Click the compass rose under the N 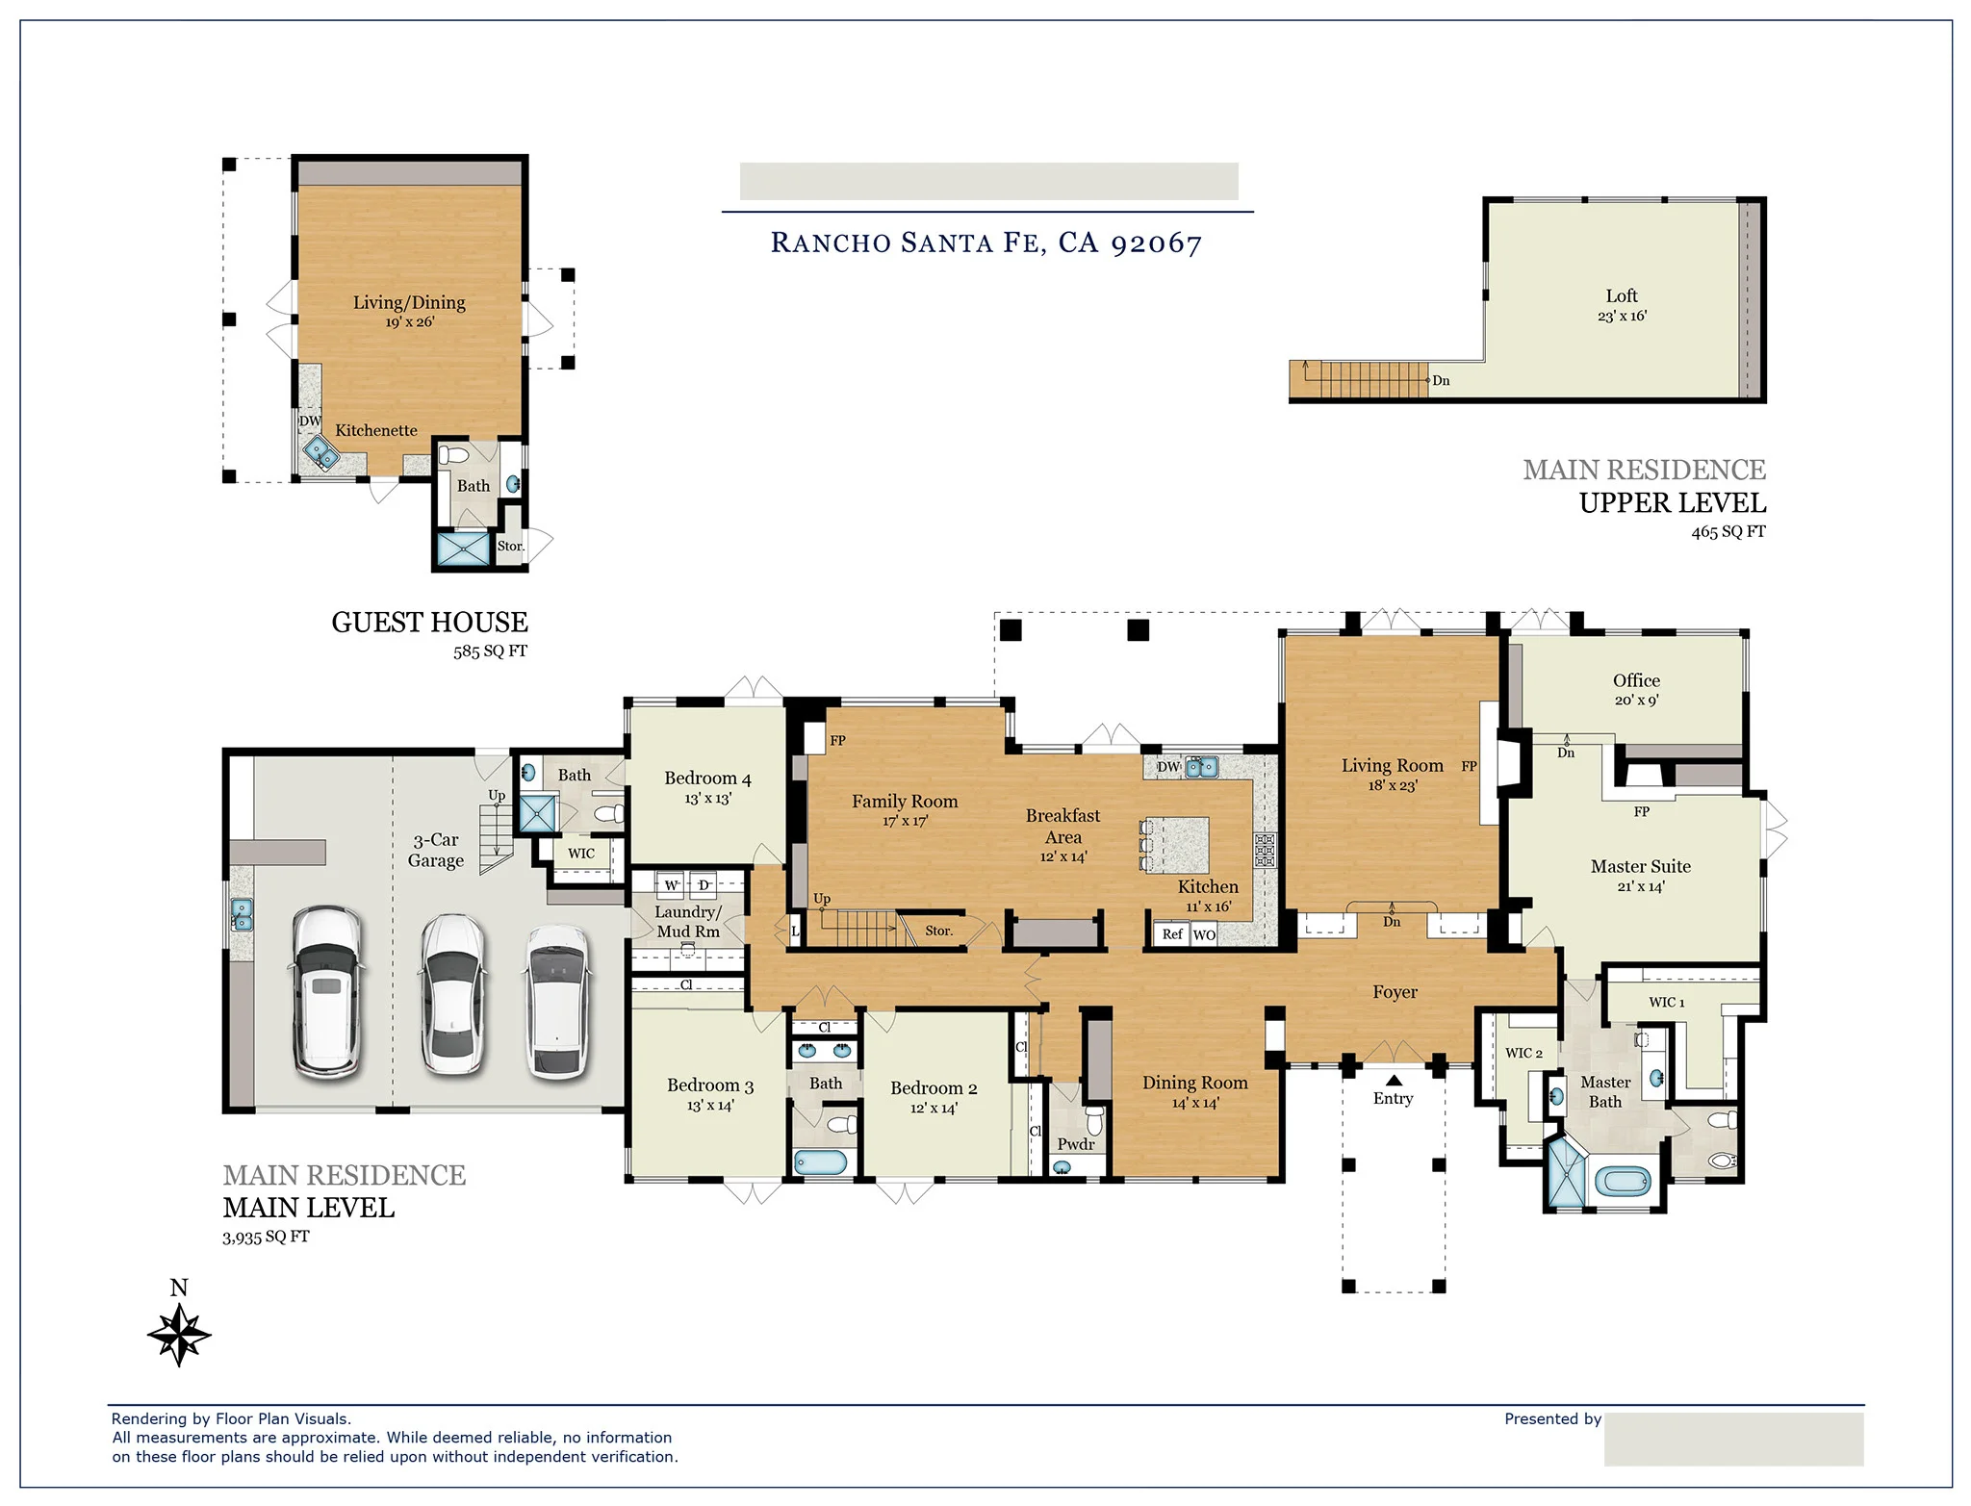(179, 1335)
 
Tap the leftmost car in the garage (328, 990)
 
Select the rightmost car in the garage (557, 1001)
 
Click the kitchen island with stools (1176, 844)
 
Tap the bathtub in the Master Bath (1624, 1181)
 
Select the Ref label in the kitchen (1171, 934)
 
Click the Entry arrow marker (1394, 1080)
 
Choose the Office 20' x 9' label (1636, 689)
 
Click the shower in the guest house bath (464, 549)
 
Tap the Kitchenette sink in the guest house (320, 451)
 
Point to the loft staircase (1373, 379)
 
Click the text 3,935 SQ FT (266, 1237)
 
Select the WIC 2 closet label (1523, 1053)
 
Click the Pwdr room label (1075, 1144)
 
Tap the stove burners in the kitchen (1265, 851)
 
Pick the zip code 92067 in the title (1156, 242)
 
